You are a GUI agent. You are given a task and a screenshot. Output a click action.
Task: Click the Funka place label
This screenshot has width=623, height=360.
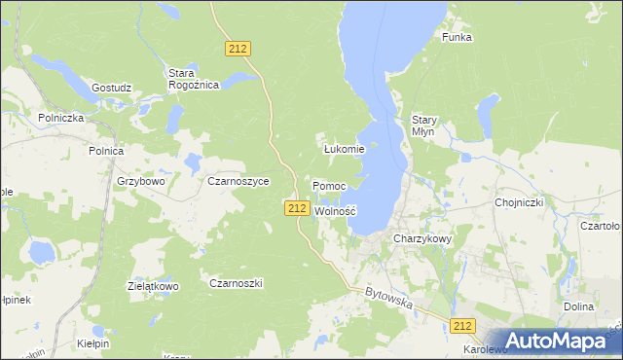coord(457,37)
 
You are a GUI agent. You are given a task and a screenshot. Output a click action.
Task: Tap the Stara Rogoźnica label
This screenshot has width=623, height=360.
coord(194,79)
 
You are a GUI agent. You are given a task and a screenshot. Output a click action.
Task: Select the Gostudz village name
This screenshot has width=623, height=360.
coord(111,88)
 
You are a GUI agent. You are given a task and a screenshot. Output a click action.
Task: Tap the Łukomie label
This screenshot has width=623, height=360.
coord(344,149)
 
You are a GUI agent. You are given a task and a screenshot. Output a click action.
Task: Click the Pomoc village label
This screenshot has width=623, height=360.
coord(328,185)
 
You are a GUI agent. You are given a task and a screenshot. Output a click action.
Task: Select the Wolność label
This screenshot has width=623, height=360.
coord(336,210)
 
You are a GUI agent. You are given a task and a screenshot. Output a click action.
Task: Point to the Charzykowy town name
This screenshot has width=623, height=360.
coord(422,237)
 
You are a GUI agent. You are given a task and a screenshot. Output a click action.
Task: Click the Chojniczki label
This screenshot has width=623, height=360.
coord(519,202)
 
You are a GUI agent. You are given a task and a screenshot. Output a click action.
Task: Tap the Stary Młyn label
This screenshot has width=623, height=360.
coord(424,126)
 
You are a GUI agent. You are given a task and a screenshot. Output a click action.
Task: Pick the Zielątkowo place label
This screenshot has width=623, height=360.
coord(154,286)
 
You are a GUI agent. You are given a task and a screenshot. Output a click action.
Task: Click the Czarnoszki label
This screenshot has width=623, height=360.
coord(237,282)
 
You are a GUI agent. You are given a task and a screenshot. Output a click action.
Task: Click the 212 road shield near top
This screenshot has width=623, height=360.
coord(238,48)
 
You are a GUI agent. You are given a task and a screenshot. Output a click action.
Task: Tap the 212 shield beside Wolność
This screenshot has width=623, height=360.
coord(298,208)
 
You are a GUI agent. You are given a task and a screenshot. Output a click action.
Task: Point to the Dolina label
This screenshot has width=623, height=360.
coord(578,306)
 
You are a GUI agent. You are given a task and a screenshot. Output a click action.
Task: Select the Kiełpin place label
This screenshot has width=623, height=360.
coord(93,343)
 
